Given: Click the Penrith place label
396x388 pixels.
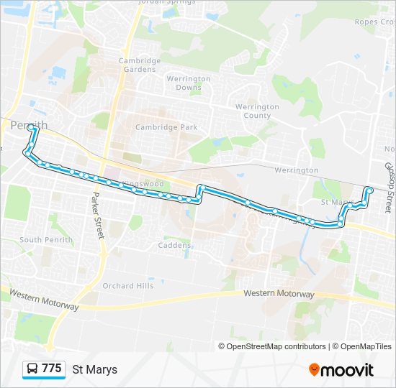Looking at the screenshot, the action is pyautogui.click(x=30, y=125).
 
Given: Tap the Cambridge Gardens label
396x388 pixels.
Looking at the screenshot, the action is pyautogui.click(x=140, y=65).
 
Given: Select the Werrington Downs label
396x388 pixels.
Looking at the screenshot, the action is pyautogui.click(x=188, y=83).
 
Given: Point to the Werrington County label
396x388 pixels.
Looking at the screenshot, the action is pyautogui.click(x=257, y=111).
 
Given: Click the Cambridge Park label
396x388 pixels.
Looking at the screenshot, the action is pyautogui.click(x=166, y=127).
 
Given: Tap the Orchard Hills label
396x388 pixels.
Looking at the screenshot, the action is pyautogui.click(x=128, y=285).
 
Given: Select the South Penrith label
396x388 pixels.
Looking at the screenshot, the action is pyautogui.click(x=41, y=240).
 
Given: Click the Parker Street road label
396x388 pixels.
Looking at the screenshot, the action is pyautogui.click(x=96, y=216).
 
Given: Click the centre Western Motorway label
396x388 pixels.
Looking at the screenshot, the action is pyautogui.click(x=279, y=294).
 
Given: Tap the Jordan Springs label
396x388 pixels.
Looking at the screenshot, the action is pyautogui.click(x=167, y=2).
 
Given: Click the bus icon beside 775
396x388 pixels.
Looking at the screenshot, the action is pyautogui.click(x=33, y=369).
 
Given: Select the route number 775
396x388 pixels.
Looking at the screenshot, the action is pyautogui.click(x=52, y=369).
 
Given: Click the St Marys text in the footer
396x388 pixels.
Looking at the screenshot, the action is pyautogui.click(x=94, y=369).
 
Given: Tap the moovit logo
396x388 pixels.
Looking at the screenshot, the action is pyautogui.click(x=341, y=369).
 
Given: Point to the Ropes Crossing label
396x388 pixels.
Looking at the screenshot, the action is pyautogui.click(x=375, y=22).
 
